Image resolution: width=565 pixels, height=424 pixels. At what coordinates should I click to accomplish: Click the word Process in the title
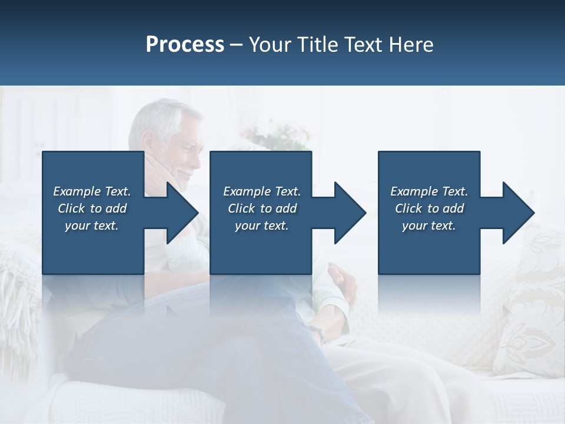[185, 45]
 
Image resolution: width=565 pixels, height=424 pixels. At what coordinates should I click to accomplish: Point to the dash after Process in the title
[237, 45]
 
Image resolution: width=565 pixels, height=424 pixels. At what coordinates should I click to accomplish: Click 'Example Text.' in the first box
[92, 191]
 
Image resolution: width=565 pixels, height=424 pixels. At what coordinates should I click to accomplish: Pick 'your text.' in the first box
[92, 226]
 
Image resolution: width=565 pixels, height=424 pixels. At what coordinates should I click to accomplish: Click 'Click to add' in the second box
[262, 208]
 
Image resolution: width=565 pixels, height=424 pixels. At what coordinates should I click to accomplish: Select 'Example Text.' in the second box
[262, 191]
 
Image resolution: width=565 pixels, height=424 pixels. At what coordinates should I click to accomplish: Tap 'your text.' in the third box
[429, 226]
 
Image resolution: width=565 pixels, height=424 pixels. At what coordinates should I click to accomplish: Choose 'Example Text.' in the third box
[429, 191]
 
